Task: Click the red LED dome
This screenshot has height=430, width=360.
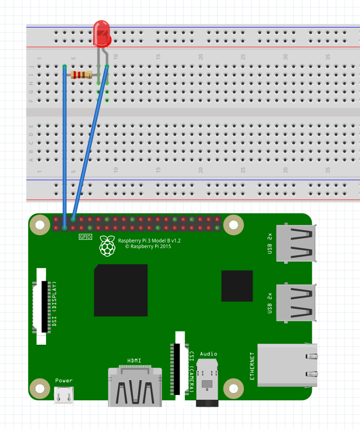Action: pos(101,31)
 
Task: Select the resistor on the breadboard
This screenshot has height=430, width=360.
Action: pos(82,75)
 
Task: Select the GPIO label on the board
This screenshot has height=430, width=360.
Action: pos(86,237)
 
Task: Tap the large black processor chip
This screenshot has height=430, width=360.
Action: pos(121,290)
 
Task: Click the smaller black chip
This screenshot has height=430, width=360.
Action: pos(237,285)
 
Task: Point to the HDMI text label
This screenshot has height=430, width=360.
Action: pos(134,361)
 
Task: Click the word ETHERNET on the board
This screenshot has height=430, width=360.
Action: pos(252,365)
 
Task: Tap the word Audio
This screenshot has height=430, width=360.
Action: pos(209,354)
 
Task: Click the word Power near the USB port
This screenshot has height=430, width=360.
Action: pos(64,380)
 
